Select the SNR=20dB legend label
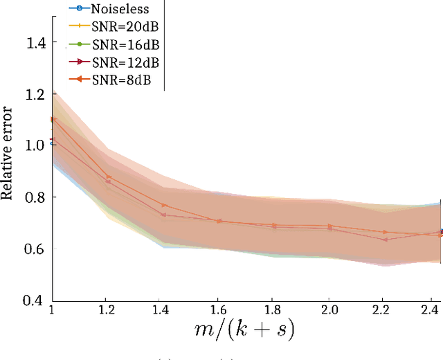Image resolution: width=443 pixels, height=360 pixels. pyautogui.click(x=125, y=27)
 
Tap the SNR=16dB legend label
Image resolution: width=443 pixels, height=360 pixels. pyautogui.click(x=125, y=45)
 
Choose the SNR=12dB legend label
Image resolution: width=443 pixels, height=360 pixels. pyautogui.click(x=125, y=63)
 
